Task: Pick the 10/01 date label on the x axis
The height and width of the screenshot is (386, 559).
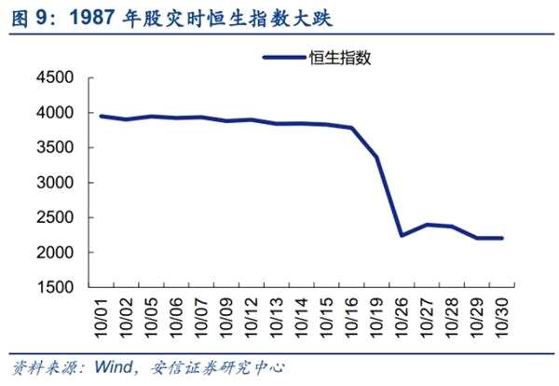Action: [102, 317]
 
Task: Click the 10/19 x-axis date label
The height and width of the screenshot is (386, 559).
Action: [377, 317]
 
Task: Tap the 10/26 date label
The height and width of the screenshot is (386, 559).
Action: [402, 317]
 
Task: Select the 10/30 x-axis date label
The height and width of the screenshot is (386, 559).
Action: [503, 317]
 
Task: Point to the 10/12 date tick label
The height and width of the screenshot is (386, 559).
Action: [252, 317]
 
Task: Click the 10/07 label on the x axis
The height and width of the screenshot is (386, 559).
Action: [201, 317]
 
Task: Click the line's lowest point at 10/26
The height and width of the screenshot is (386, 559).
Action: [402, 235]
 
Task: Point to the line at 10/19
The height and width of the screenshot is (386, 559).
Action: [377, 157]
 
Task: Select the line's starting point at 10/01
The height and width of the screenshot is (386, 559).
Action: [101, 117]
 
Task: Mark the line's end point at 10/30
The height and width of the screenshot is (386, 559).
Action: [503, 238]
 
